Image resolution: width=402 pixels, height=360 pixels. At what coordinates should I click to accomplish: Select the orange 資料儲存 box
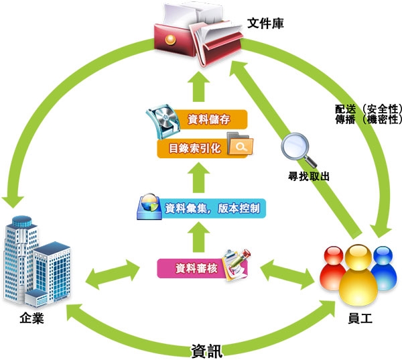[x=204, y=120]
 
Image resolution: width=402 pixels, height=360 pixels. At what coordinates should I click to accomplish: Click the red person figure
[x=332, y=268]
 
